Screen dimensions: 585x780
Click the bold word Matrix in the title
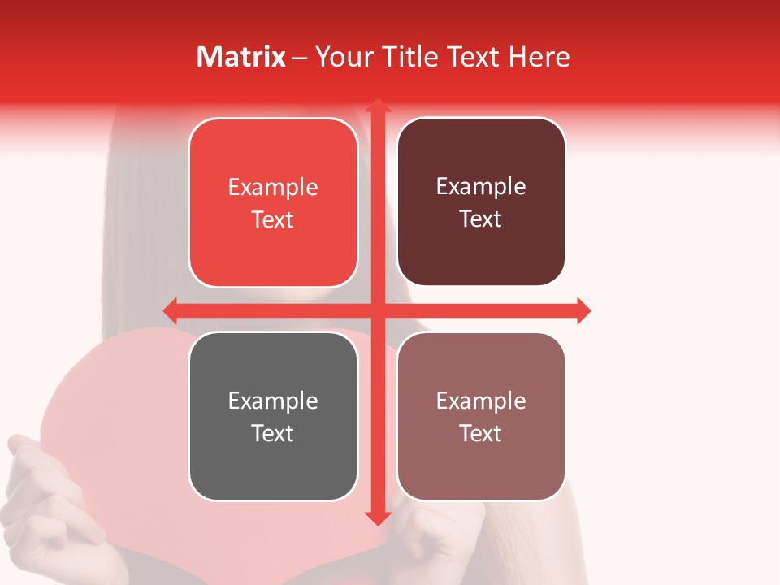tap(241, 57)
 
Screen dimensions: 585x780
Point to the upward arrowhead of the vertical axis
tap(377, 105)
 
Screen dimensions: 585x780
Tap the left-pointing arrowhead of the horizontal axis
tap(171, 310)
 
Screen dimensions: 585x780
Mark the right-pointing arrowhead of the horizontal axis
tap(583, 310)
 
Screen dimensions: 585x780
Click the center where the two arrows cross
tap(377, 310)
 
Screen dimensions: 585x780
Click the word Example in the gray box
tap(273, 401)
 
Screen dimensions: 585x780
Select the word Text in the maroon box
tap(481, 219)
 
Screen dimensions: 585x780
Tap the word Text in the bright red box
tap(273, 220)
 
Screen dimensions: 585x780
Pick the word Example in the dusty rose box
tap(481, 401)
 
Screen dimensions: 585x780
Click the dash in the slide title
tap(300, 58)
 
